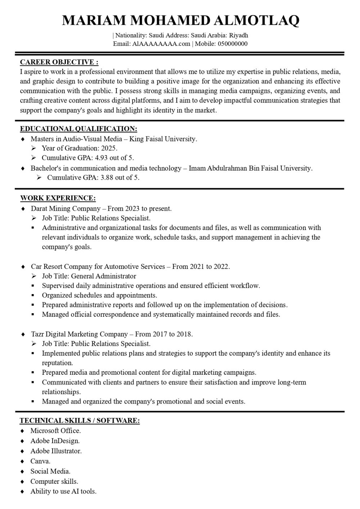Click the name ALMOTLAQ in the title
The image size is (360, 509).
(257, 21)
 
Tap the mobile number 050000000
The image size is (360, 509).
(233, 44)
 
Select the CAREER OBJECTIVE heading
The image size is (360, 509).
(59, 62)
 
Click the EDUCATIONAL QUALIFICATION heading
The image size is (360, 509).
(78, 129)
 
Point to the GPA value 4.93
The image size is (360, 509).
(102, 158)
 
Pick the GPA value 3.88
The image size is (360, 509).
(107, 177)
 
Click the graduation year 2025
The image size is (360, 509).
(108, 148)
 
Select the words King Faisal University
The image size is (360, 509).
(163, 139)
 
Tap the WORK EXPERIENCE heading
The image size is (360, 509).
(58, 198)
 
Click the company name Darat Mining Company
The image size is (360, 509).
(66, 208)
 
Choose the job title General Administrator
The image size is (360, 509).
(104, 276)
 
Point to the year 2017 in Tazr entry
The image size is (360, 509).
(160, 334)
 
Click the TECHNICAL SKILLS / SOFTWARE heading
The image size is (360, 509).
(80, 420)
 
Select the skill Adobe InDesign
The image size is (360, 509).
(55, 441)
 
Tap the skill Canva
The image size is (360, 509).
(40, 461)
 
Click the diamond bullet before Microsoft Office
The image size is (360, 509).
(23, 431)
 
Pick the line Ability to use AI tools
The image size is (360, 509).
(63, 491)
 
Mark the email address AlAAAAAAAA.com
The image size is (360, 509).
(161, 44)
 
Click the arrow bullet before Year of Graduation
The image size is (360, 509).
(33, 148)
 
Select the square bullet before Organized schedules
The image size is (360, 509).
(33, 296)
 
